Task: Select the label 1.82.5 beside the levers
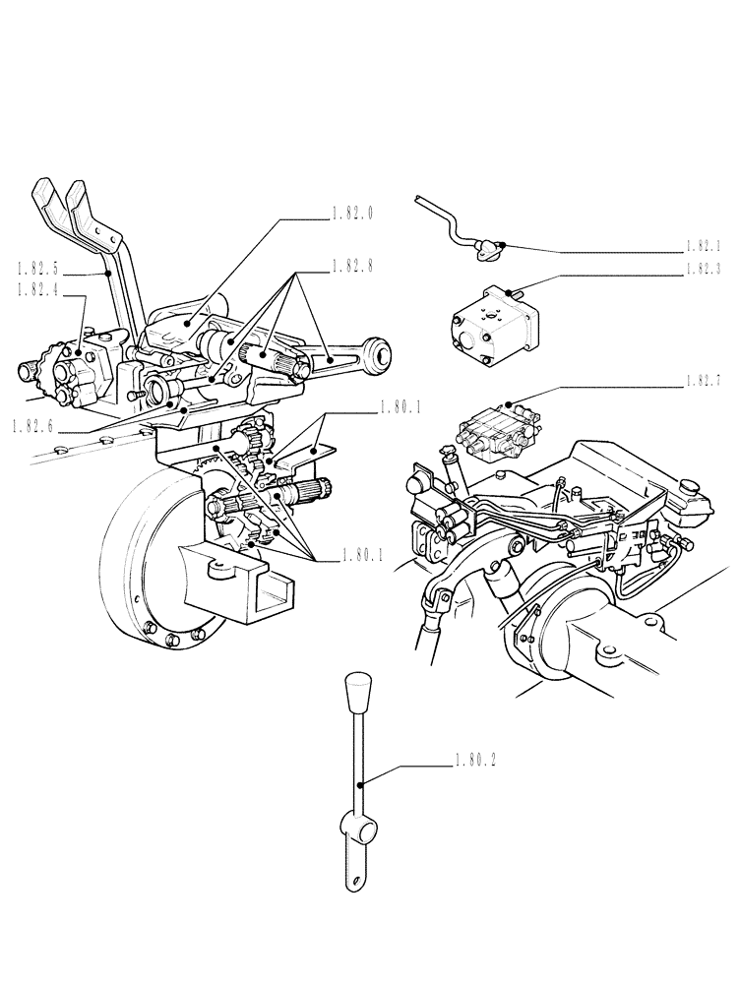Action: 36,266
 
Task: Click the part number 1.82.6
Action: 34,425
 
